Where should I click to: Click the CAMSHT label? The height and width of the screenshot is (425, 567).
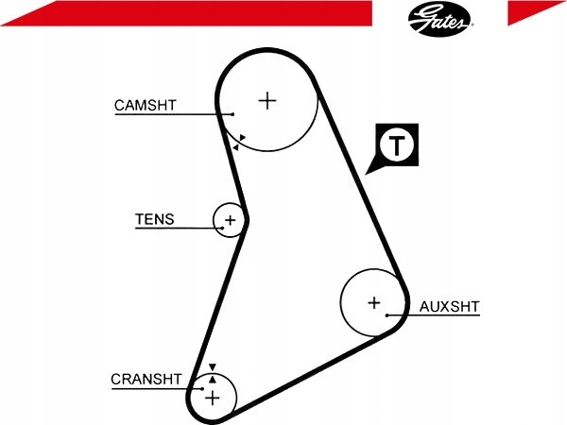tap(145, 105)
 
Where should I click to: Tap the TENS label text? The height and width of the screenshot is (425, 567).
tap(155, 219)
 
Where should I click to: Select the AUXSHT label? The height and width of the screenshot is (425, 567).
tap(449, 306)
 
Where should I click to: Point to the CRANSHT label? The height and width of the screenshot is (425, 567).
tap(146, 379)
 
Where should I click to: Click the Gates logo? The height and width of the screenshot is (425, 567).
tap(439, 18)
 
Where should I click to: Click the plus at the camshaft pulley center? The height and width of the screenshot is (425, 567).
tap(267, 100)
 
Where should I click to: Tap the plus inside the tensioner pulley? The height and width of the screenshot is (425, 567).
tap(230, 220)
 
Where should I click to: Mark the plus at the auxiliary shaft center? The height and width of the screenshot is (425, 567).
tap(374, 302)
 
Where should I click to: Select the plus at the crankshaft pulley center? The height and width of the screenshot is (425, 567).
tap(213, 398)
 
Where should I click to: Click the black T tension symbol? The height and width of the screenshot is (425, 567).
tap(396, 145)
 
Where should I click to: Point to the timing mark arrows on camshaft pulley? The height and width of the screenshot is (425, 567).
tap(239, 143)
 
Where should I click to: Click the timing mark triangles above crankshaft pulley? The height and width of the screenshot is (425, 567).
tap(213, 373)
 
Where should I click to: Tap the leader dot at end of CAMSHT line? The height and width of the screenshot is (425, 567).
tap(233, 114)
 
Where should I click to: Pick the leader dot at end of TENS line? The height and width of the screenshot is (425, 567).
tap(222, 228)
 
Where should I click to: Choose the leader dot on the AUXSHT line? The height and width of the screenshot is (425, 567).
tap(387, 315)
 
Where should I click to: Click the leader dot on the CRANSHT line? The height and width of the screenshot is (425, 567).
tap(202, 389)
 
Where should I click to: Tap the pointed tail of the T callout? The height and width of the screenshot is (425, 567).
tap(367, 174)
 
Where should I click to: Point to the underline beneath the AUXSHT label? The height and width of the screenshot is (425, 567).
tap(433, 315)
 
